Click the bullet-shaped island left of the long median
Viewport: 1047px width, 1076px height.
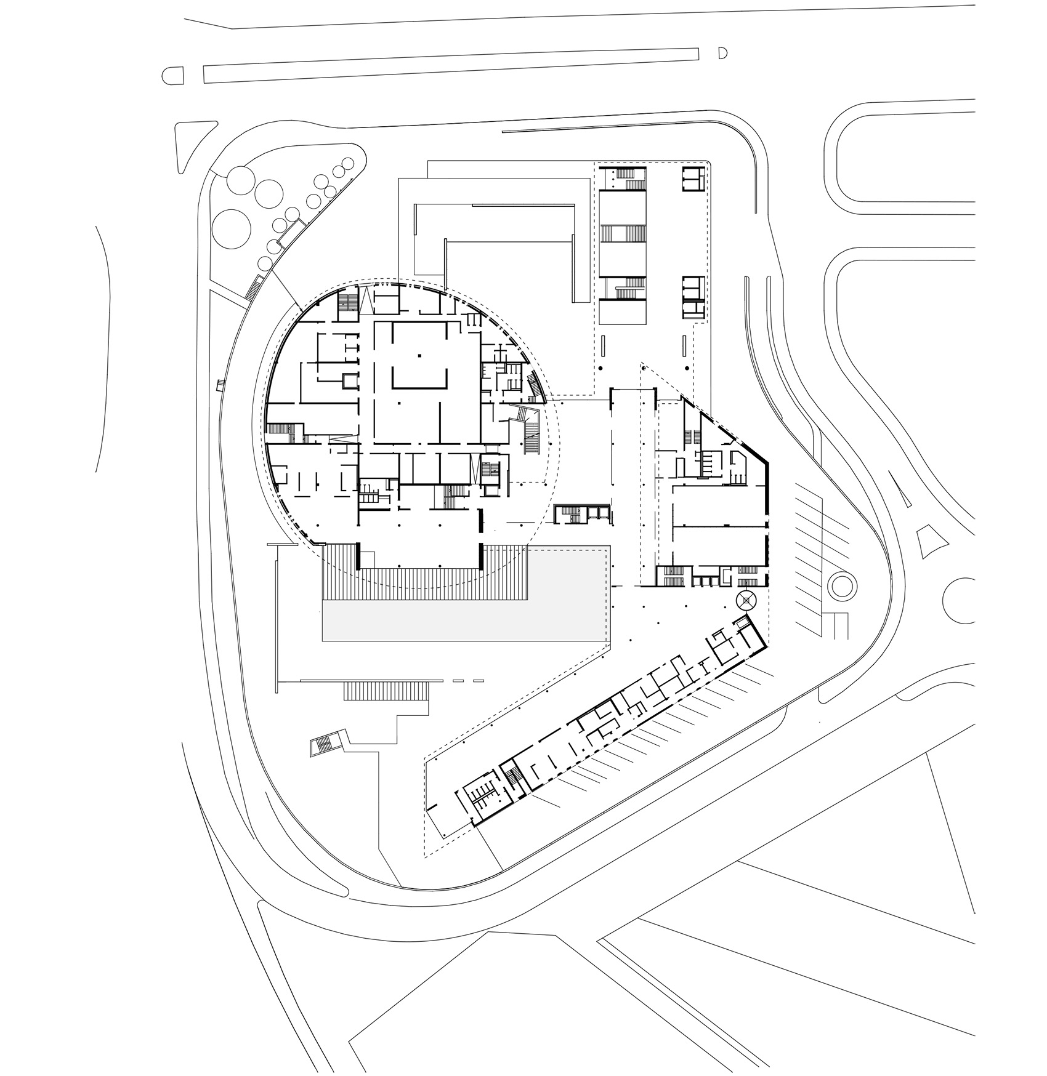tap(174, 76)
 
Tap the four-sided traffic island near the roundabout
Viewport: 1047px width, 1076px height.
tap(929, 540)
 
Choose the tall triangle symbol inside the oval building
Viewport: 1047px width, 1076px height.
tap(367, 300)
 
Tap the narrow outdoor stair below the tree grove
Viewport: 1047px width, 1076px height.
tap(255, 287)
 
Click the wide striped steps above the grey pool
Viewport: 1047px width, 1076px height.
tap(425, 572)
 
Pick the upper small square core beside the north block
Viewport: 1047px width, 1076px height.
tap(693, 179)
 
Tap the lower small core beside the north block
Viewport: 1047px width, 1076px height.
tap(693, 297)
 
